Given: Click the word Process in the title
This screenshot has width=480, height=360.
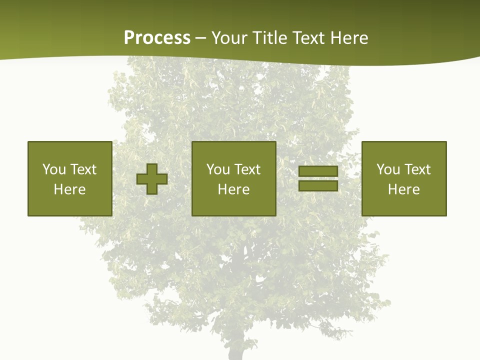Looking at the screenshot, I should [157, 38].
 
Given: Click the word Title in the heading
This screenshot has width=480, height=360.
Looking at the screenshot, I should [270, 38].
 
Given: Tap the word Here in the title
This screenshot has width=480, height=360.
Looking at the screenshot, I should [348, 38].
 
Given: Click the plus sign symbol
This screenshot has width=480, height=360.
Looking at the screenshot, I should [152, 179].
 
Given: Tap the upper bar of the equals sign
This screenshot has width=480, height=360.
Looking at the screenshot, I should [318, 171].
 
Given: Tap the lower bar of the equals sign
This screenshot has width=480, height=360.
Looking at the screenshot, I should [318, 185].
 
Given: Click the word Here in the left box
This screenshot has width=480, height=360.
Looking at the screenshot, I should [69, 189].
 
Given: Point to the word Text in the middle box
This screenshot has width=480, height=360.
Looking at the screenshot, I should [247, 169].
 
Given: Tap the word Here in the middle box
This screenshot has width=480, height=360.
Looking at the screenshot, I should [233, 189].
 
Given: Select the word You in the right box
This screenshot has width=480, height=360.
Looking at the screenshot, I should [388, 169].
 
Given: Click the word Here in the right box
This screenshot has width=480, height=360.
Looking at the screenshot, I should [403, 189].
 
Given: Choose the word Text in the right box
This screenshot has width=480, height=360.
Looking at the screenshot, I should [417, 169].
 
